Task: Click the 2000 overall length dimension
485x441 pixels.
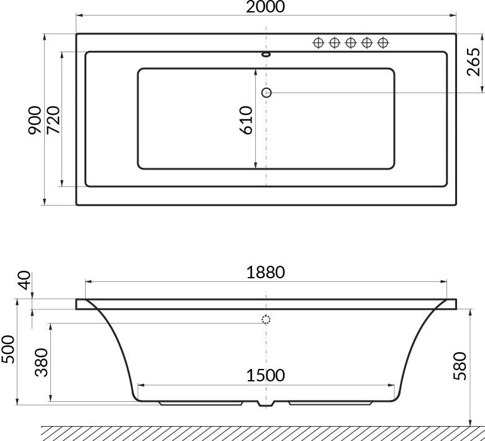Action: tap(266, 7)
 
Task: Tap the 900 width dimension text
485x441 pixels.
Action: tap(35, 119)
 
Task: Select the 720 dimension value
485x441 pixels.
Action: tap(53, 119)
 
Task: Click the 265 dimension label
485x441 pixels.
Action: tap(474, 61)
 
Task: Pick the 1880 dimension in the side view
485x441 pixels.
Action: tap(265, 272)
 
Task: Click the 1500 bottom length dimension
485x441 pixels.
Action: tap(265, 375)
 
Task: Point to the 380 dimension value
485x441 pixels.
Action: tap(41, 361)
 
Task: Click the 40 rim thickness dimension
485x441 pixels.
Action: tap(25, 281)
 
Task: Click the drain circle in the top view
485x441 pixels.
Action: tap(267, 93)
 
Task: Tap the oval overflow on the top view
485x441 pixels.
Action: tap(266, 54)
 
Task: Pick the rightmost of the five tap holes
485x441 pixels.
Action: tap(383, 42)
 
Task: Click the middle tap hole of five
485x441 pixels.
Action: tap(350, 42)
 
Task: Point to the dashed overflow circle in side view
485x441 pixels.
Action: tap(266, 321)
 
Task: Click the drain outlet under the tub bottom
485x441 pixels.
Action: tap(266, 404)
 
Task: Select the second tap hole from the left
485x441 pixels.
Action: tap(334, 42)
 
